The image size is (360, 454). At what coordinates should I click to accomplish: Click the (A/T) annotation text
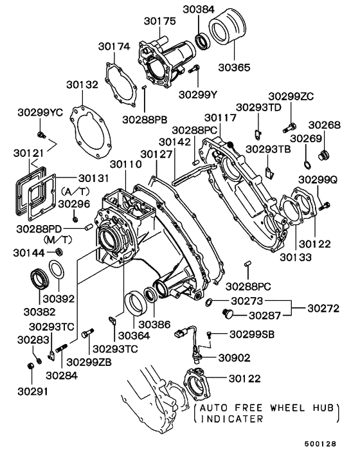(x=75, y=192)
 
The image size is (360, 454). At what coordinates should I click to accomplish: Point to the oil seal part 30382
(x=37, y=281)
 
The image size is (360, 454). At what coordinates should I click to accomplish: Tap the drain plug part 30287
(x=226, y=313)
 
